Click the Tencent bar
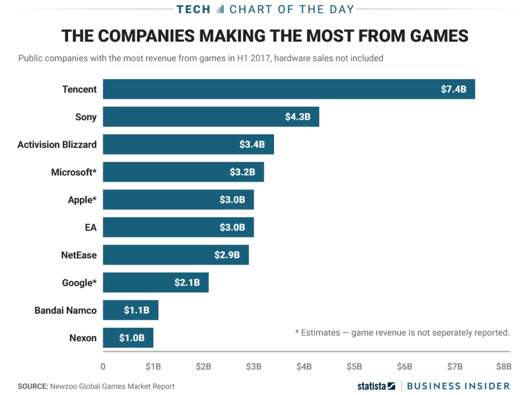point(289,89)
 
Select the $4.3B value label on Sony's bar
point(298,117)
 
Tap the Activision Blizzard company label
point(57,144)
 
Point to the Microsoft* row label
point(74,172)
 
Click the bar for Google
point(155,283)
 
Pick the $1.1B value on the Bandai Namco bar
point(136,310)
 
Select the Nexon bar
point(128,338)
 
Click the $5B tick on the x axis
point(354,367)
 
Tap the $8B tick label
point(504,367)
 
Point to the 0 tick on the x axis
point(103,367)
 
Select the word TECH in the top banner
point(193,9)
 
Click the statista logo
point(376,386)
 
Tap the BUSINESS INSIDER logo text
point(458,386)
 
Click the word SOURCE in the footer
point(32,386)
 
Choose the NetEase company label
point(79,255)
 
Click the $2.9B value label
point(227,255)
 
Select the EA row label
point(90,228)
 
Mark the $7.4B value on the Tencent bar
point(454,89)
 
